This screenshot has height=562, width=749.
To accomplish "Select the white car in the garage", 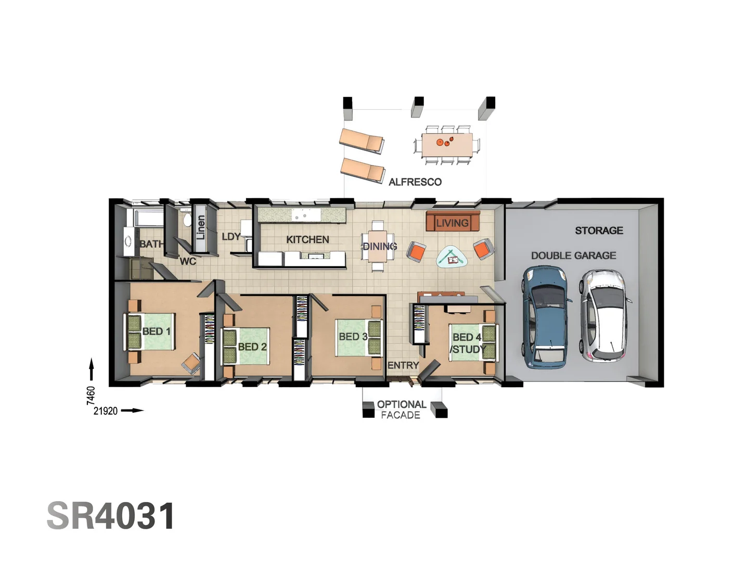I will pos(606,315).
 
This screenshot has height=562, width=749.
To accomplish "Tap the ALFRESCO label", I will pos(415,182).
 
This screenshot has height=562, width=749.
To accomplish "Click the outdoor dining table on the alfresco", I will pos(447,145).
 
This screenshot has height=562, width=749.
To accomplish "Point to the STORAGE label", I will pos(599,231).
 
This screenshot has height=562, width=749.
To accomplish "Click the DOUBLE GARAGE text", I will pos(573,256).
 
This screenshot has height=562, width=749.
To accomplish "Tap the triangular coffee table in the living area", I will pos(451,257).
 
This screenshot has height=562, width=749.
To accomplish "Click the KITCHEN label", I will pos(307,239).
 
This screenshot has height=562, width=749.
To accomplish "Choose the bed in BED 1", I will pos(150,331).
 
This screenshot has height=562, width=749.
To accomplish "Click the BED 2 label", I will pos(252,347).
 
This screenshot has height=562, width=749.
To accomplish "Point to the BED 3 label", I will pos(353,337).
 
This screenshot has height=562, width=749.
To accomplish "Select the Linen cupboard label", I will pos(200,227).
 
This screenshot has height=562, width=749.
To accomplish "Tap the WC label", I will pos(188,261).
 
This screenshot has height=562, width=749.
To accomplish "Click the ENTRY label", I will pos(403,365).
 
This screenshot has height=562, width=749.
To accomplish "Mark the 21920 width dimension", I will pos(106,411).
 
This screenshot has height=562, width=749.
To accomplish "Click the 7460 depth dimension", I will pos(91,395).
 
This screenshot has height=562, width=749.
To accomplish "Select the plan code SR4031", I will pos(111,516).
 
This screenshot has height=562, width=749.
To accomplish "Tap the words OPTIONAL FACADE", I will pos(401,410).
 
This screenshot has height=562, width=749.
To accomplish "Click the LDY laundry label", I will pos(231,237).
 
